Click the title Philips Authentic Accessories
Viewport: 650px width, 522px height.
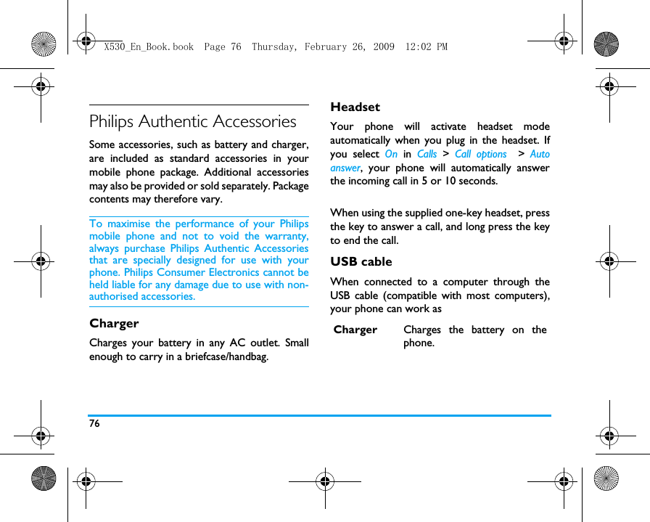click(193, 121)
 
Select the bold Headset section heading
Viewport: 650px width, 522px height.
click(355, 107)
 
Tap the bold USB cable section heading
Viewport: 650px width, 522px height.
click(361, 261)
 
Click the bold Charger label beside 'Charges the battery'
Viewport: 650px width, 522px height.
click(355, 330)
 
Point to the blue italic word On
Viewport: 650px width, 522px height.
click(391, 154)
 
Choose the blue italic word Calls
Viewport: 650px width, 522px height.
click(427, 154)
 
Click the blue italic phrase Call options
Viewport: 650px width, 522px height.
click(480, 154)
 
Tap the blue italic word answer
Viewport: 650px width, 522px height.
click(345, 168)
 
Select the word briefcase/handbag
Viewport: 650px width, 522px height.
click(226, 356)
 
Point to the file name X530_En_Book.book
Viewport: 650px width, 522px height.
click(149, 47)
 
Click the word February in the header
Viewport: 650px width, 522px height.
click(329, 47)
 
